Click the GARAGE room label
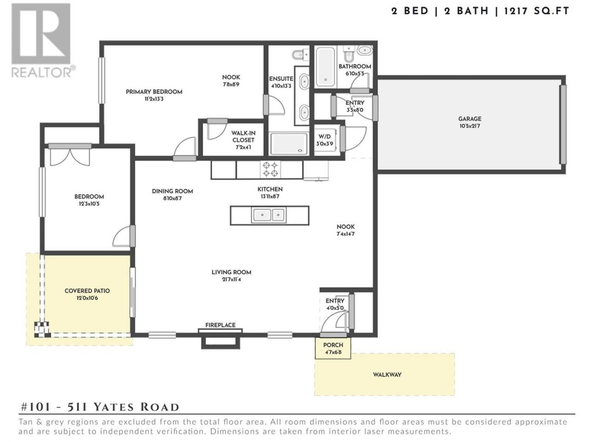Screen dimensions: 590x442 tap(470, 119)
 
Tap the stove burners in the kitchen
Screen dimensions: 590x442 tap(270, 169)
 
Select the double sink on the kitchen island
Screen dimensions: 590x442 tap(269, 215)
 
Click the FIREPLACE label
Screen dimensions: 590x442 tap(220, 325)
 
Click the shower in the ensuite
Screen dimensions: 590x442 tap(289, 144)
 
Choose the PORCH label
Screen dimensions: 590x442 tap(333, 345)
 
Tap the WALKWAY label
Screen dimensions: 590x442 tap(387, 375)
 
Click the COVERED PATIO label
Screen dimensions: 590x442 tap(87, 291)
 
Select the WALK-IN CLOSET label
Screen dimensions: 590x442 tap(243, 137)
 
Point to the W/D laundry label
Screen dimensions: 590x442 tap(324, 137)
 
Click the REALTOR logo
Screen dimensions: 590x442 tap(43, 40)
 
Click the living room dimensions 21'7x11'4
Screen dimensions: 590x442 tap(231, 279)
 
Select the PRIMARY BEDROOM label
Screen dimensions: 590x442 tap(154, 92)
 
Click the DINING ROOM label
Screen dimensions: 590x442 tap(172, 192)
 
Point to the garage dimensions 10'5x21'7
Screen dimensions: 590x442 tap(470, 126)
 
